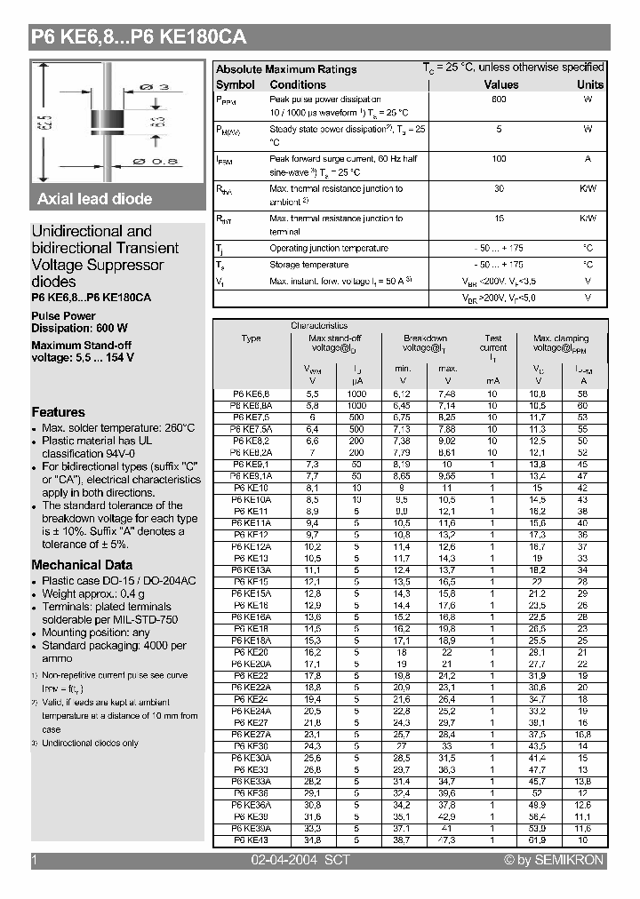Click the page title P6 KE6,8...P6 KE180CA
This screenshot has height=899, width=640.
tap(138, 37)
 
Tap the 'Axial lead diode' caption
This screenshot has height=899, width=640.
tap(94, 199)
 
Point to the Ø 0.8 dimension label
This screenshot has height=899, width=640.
tap(156, 161)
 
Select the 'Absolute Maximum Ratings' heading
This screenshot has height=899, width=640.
tap(286, 69)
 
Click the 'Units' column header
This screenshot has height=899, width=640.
tap(589, 84)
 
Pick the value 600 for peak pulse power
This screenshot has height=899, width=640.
tap(499, 99)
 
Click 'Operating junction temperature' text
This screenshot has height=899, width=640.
tap(328, 249)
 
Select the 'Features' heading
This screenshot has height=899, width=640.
tap(58, 412)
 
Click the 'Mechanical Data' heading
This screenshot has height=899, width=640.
tap(82, 565)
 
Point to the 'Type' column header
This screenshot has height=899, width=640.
tap(251, 338)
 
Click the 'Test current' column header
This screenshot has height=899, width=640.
tap(493, 343)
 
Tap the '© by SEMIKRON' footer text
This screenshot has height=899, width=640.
tap(553, 860)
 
